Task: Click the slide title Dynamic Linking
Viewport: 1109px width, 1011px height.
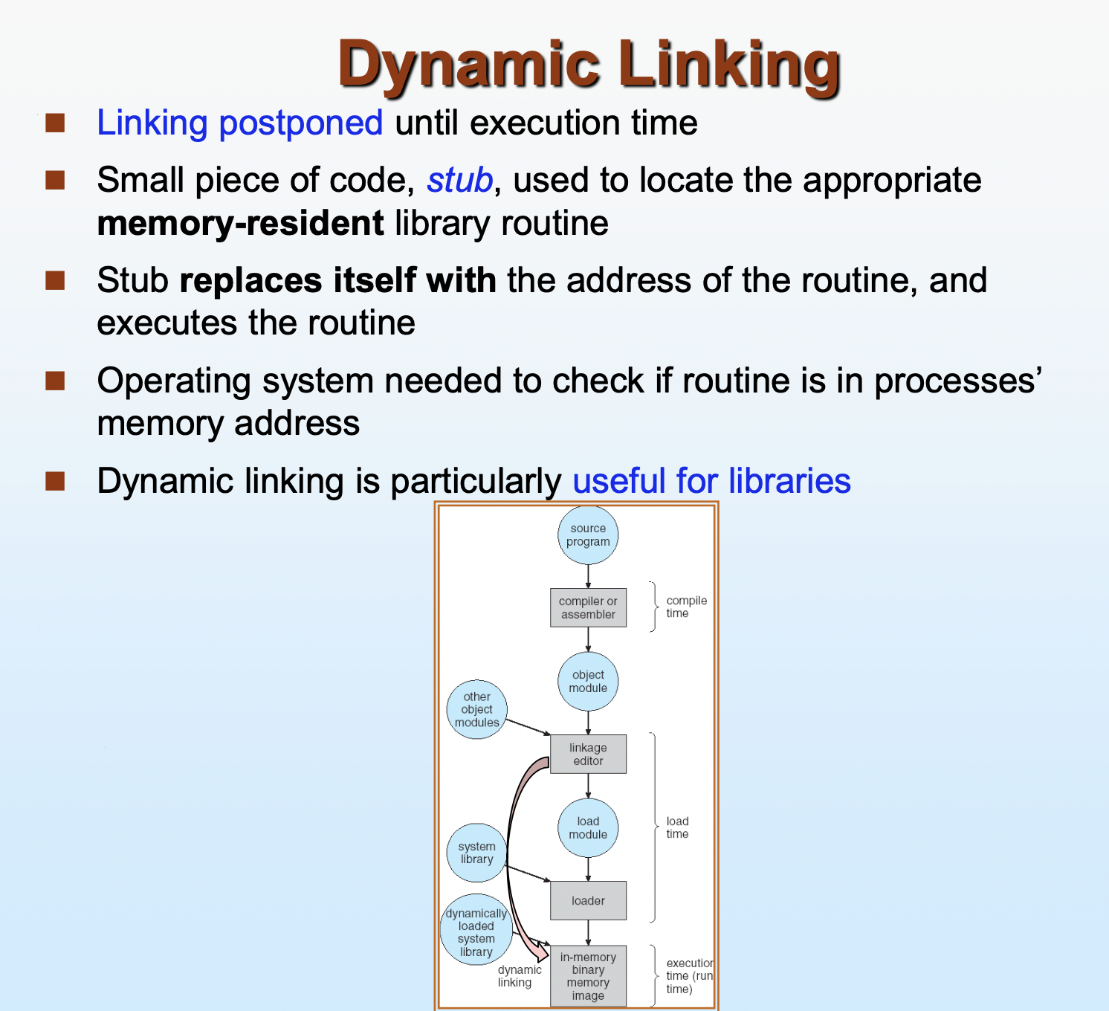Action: coord(589,65)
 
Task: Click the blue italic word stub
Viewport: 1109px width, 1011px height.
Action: coord(459,181)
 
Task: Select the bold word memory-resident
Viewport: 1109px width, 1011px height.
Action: coord(240,224)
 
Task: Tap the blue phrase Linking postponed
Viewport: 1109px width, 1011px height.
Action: coord(239,123)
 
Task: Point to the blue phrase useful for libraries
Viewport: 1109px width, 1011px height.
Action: coord(711,481)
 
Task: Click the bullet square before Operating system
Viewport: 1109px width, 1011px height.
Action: coord(55,381)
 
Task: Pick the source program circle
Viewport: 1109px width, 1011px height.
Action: coord(588,535)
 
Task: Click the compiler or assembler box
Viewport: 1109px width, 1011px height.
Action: coord(588,607)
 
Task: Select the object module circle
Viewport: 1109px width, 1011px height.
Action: coord(588,682)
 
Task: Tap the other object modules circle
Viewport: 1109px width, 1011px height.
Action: coord(476,709)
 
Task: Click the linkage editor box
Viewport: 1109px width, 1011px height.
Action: coord(588,754)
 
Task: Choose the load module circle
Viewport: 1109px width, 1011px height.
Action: coord(588,828)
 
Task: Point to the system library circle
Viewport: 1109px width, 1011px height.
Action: coord(476,853)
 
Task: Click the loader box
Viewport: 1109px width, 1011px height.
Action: coord(588,901)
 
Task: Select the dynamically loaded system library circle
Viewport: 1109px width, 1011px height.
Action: coord(476,931)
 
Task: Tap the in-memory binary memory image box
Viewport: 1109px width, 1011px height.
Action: coord(588,976)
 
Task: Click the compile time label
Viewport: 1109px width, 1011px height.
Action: coord(686,607)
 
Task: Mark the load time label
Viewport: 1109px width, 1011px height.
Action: coord(677,827)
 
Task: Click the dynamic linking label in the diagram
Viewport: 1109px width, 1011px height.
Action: coord(519,976)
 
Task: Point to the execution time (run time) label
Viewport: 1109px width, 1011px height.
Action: coord(688,976)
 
